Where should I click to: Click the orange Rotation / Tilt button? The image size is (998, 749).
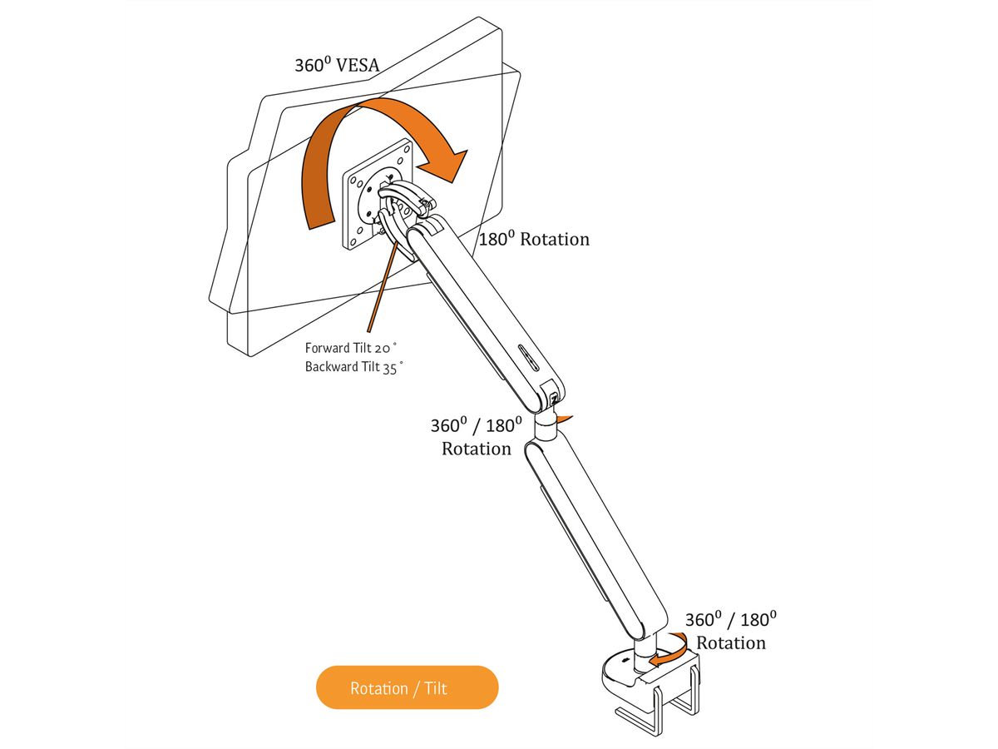407,687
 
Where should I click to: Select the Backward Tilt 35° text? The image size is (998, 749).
353,366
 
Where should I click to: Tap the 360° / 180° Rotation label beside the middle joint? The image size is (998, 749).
476,437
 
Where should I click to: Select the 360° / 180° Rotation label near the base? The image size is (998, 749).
730,631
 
